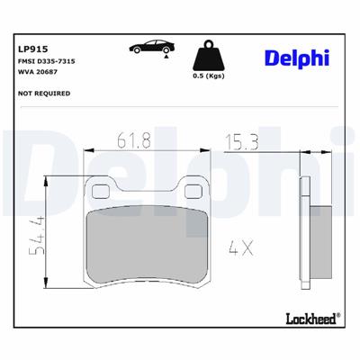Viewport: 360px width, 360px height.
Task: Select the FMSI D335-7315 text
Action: point(46,65)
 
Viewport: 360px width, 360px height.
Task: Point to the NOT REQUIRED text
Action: point(44,93)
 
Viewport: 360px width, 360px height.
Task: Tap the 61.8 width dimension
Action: point(133,140)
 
